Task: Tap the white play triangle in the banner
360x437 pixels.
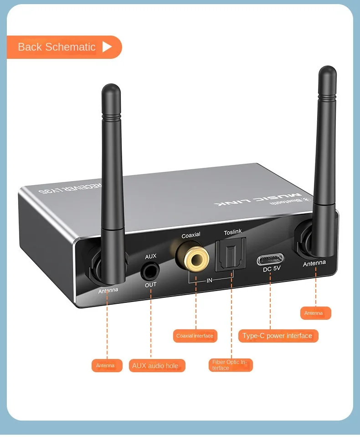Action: point(107,47)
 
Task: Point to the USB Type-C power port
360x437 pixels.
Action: point(271,260)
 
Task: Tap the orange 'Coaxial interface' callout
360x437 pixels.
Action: point(195,336)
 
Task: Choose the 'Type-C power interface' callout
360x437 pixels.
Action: point(278,336)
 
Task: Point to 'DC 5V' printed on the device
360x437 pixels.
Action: point(272,269)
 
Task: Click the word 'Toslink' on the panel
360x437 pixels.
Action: point(233,233)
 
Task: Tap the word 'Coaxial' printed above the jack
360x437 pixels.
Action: point(191,235)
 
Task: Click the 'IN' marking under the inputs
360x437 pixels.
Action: point(210,281)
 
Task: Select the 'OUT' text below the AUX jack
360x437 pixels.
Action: point(151,285)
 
